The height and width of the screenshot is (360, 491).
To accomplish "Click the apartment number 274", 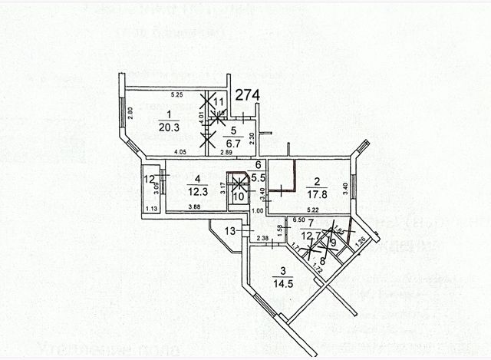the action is (x=248, y=95).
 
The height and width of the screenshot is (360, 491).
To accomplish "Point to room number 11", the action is (x=219, y=101).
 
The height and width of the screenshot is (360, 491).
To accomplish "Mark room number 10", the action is (x=239, y=197).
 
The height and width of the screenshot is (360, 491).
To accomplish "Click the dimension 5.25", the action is (x=176, y=94).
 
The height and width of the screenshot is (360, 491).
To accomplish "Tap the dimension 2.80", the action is (x=131, y=111).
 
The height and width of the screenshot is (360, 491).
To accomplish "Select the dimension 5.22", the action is (x=311, y=210).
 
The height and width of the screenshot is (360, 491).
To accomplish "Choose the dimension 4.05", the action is (x=180, y=152).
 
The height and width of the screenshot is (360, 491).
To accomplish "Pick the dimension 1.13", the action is (x=152, y=209).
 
